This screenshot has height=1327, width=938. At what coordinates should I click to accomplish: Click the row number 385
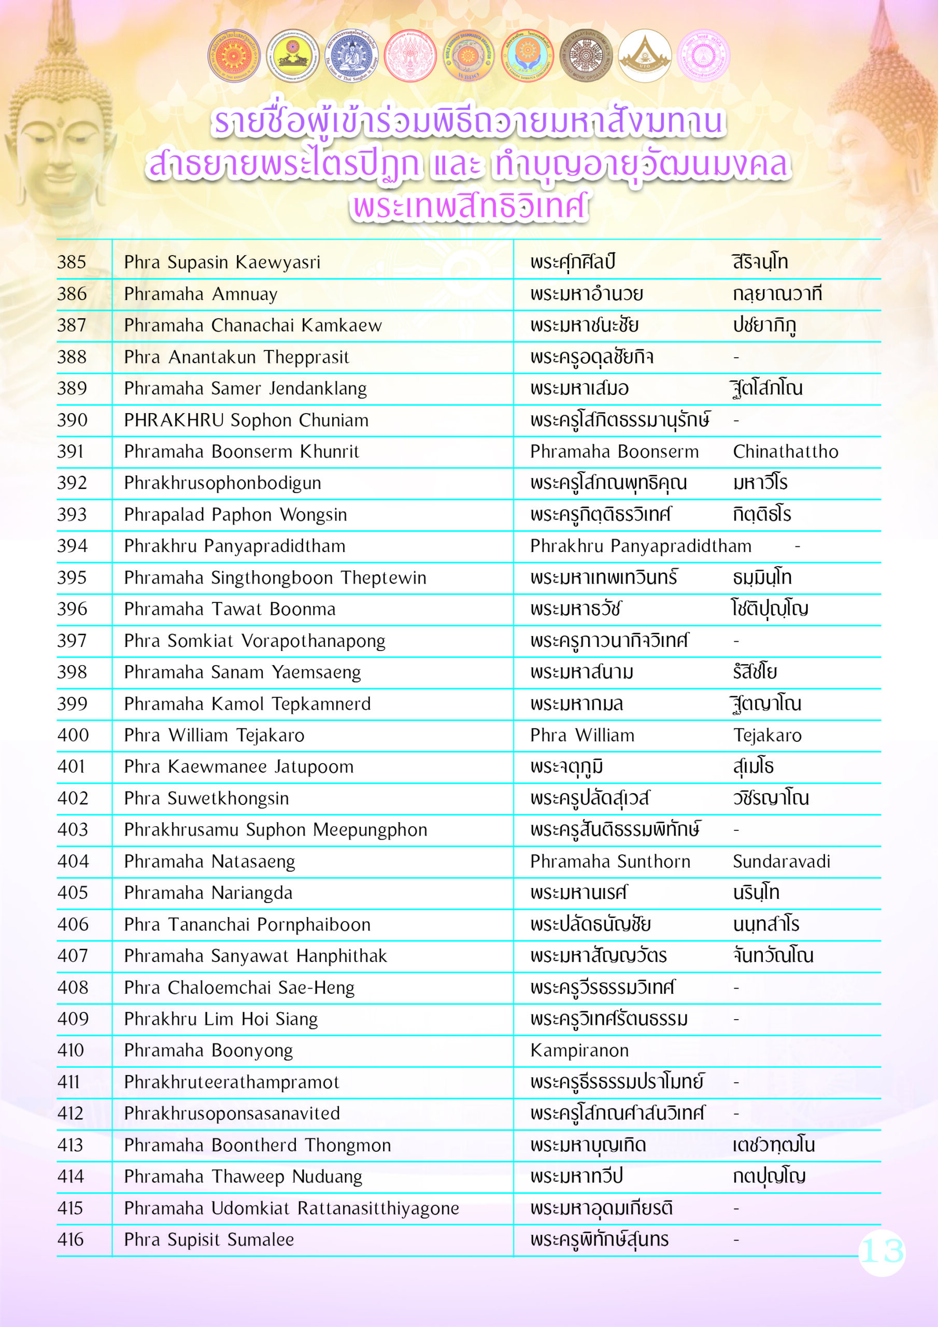click(x=72, y=262)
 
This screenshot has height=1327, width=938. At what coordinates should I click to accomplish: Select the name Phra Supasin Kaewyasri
click(x=222, y=262)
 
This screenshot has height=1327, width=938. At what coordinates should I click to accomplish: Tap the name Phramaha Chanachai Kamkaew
click(x=252, y=326)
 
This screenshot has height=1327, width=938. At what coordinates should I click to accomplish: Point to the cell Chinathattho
click(x=785, y=451)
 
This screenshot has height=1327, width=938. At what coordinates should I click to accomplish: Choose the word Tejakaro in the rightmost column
click(x=767, y=735)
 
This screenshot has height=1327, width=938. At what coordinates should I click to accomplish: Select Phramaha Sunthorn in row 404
click(x=610, y=861)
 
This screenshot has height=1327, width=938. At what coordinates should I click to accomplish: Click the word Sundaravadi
click(x=781, y=861)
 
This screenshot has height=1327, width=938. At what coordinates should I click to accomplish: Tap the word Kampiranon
click(x=579, y=1050)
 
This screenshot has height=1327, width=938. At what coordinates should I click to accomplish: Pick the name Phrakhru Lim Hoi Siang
click(x=221, y=1019)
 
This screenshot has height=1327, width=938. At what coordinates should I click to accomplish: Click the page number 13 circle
click(x=882, y=1252)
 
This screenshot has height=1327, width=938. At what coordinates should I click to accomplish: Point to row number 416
click(x=70, y=1239)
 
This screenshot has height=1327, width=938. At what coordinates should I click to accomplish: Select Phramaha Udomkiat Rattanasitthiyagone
click(x=291, y=1208)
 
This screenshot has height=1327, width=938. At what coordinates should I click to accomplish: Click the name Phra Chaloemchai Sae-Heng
click(x=239, y=987)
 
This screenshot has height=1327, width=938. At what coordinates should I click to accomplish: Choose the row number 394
click(x=72, y=546)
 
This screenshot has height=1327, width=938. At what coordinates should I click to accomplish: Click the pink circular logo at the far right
click(x=703, y=56)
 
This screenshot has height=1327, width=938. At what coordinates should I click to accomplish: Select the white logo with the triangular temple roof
click(x=644, y=56)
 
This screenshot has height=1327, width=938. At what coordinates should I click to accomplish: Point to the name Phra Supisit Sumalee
click(x=209, y=1239)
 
